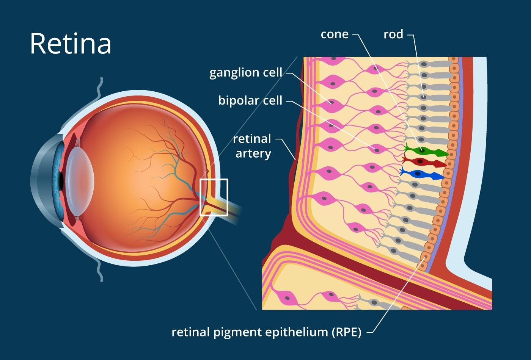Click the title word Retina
[71, 43]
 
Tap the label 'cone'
[335, 34]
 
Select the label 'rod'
[393, 34]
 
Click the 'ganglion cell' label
[246, 72]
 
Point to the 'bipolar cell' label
[250, 100]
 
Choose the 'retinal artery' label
[252, 146]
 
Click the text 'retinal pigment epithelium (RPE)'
[266, 332]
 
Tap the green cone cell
[425, 151]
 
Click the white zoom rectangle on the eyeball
[214, 197]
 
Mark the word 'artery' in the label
[253, 154]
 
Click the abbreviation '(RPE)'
[346, 332]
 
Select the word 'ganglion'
[229, 72]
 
